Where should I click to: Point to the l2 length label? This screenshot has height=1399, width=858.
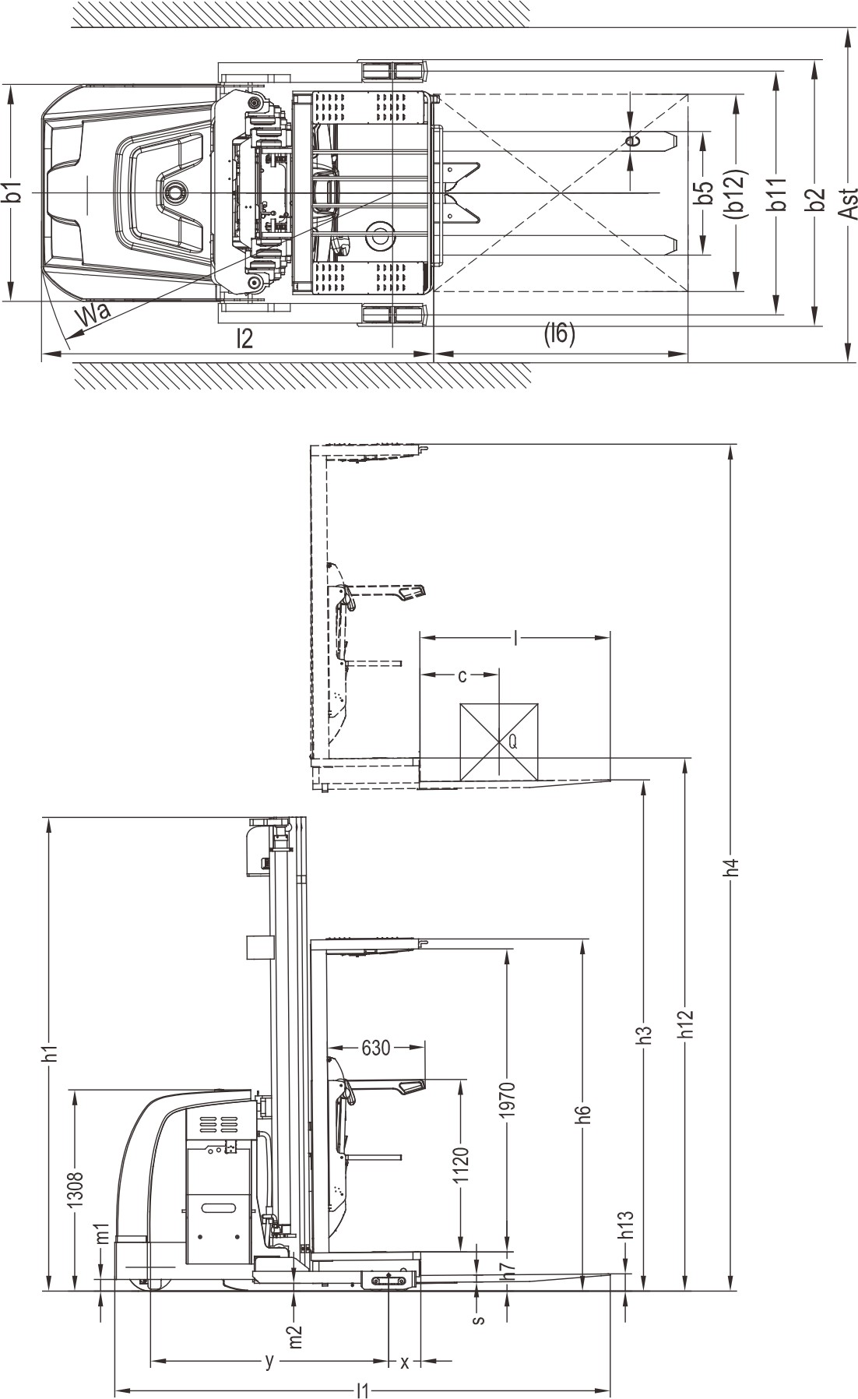point(245,339)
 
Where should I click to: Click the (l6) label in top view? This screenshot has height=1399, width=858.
point(559,334)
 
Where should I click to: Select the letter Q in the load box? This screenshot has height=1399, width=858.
point(512,742)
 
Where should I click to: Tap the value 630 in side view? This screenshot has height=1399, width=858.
point(375,1048)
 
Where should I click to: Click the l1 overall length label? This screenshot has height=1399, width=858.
point(362,1389)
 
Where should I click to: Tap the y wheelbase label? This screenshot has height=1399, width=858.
point(269,1360)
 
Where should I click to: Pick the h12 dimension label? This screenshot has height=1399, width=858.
point(685,1024)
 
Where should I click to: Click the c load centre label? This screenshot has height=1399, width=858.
point(462,675)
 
